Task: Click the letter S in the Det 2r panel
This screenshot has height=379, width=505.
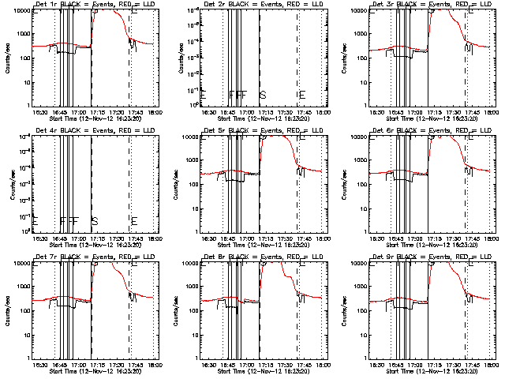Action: [x=263, y=96]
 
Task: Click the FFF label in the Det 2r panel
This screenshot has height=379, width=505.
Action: [x=238, y=96]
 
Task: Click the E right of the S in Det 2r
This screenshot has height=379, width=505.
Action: [x=301, y=96]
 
